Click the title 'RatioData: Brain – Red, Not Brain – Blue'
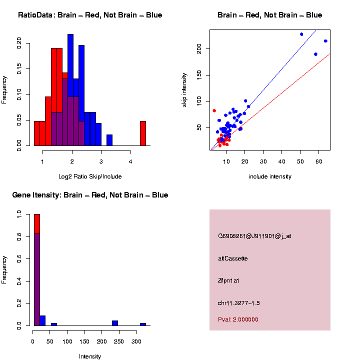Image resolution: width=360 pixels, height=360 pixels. tap(90, 15)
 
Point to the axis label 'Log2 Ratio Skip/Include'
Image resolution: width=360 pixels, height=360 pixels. tap(90, 176)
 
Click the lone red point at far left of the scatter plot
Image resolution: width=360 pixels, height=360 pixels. tap(214, 110)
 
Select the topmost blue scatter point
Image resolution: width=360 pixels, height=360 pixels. tap(301, 34)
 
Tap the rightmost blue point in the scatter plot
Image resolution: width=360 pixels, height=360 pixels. tap(325, 41)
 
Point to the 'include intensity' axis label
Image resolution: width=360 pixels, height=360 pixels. tap(270, 176)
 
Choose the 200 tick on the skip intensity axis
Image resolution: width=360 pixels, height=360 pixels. tap(199, 48)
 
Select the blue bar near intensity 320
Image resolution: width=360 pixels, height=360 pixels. tap(143, 324)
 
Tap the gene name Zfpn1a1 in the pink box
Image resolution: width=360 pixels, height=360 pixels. tap(229, 281)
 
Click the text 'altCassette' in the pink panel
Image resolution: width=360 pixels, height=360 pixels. tap(232, 258)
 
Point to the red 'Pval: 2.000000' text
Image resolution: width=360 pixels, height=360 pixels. tap(238, 319)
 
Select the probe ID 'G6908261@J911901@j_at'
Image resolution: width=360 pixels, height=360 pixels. tap(254, 236)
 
